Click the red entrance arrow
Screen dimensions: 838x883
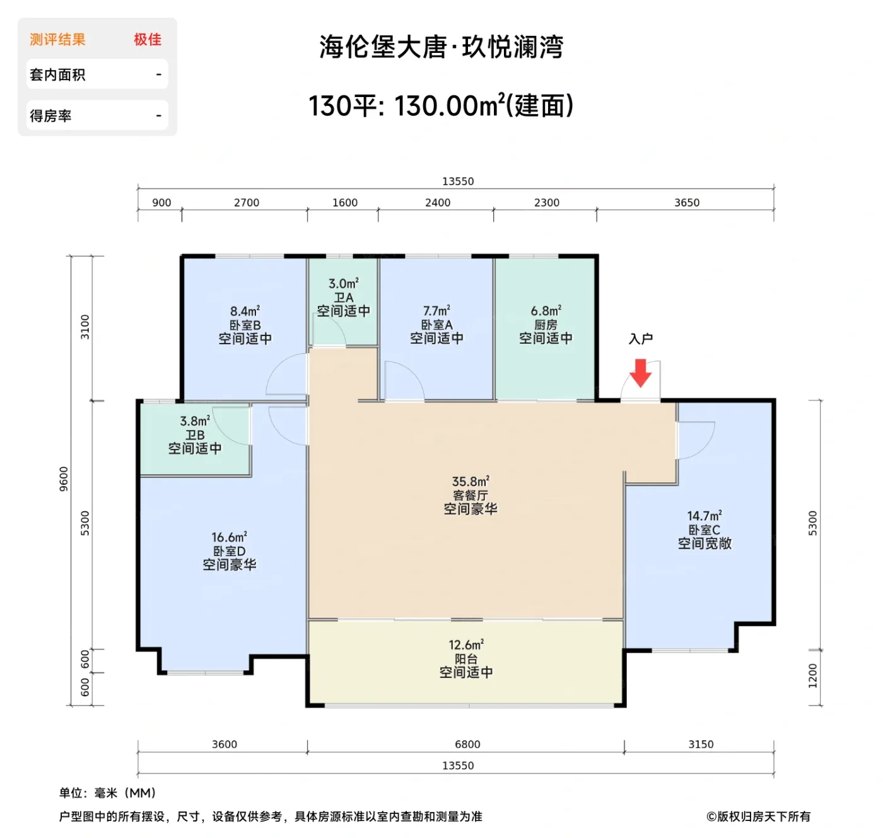[641, 373]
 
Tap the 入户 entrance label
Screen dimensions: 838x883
[641, 339]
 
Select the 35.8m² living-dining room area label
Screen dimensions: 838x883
[471, 482]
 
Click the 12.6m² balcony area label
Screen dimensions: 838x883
[466, 645]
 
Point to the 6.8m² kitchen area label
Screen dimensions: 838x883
[546, 311]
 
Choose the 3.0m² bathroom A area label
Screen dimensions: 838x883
[344, 284]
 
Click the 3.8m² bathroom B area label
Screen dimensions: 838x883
[195, 421]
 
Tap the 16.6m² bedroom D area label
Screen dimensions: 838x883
[229, 537]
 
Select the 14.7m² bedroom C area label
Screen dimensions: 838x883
[705, 516]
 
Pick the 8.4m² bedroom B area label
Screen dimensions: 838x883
[245, 311]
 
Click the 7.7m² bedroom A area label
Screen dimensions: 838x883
[436, 311]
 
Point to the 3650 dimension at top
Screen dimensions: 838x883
[687, 202]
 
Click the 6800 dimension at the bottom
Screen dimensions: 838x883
[467, 744]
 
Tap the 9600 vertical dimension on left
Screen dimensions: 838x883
[64, 479]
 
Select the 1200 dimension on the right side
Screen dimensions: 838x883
[812, 675]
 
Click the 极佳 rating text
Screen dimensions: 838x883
[148, 40]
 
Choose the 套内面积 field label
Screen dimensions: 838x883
[57, 75]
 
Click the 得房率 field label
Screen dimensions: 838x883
[50, 116]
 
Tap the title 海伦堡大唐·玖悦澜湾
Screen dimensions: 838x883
[441, 47]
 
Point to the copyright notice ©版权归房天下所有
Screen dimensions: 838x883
[758, 817]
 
